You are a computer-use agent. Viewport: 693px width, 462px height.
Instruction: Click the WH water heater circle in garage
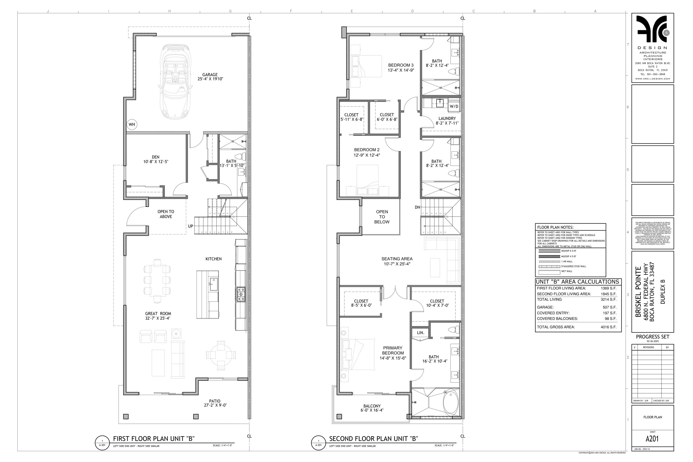pos(132,124)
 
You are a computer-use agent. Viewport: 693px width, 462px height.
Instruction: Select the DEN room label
pos(155,157)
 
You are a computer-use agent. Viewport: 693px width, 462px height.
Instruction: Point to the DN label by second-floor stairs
pos(417,207)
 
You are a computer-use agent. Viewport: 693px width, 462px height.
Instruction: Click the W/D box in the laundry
pos(454,106)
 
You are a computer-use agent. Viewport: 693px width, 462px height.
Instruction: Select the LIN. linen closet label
pos(420,333)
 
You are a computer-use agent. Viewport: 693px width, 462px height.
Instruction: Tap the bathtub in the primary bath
pos(451,402)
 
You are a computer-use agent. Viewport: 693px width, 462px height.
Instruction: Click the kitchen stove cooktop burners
pos(241,294)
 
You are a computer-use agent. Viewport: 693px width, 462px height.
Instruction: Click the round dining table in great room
pos(221,355)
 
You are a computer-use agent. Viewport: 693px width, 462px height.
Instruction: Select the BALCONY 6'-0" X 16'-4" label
pos(372,408)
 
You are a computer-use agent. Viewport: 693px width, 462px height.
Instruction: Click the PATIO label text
pos(215,401)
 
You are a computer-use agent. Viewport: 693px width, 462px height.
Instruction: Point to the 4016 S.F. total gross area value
pos(608,327)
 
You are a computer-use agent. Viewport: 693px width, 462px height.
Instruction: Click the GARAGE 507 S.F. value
pos(609,307)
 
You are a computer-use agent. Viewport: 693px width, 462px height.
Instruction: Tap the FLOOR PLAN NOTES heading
pos(555,227)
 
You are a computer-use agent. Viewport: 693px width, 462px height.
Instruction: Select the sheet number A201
pos(652,439)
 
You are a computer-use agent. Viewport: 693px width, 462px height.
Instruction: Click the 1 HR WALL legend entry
pos(567,261)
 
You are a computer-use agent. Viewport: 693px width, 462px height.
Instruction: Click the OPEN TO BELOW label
pos(382,217)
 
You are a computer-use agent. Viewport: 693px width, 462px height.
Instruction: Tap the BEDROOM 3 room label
pos(401,65)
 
